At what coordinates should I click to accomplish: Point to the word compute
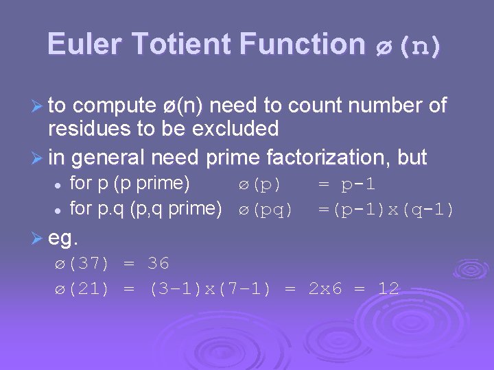[114, 106]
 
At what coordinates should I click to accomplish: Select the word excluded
[237, 129]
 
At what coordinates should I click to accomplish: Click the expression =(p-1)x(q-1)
[386, 209]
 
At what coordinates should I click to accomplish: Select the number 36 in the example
[158, 264]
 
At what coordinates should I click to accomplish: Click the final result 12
[388, 288]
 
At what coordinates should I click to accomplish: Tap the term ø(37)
[82, 264]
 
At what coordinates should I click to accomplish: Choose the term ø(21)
[82, 288]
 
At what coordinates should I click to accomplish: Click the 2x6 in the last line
[325, 288]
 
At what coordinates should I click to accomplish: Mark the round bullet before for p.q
[60, 210]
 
